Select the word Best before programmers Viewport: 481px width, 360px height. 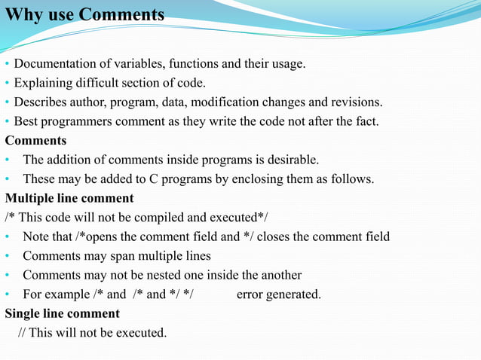26,121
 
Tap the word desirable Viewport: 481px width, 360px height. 293,160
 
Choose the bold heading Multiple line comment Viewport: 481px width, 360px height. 69,199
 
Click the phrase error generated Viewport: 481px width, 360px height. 278,294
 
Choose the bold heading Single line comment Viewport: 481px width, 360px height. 63,313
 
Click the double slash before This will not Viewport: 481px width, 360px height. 22,332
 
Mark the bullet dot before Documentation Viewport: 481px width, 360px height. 7,64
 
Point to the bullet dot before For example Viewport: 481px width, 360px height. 7,294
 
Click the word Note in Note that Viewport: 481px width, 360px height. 36,236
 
